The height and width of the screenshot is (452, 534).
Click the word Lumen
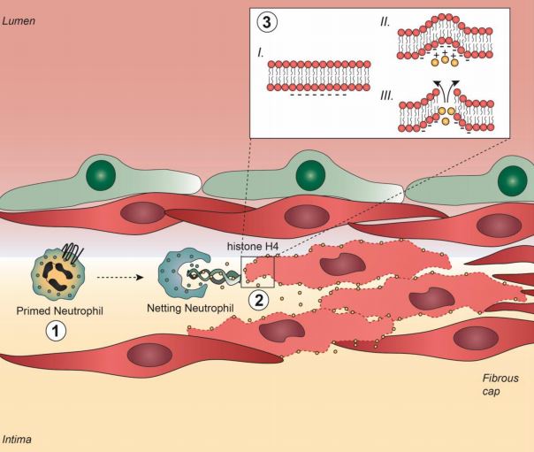coord(19,21)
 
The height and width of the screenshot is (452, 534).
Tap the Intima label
coord(17,439)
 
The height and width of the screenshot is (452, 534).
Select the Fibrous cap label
coord(500,385)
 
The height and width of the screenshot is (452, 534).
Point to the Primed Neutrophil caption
coord(59,311)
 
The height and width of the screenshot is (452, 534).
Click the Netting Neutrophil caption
coord(190,308)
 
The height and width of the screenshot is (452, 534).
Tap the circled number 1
coord(56,332)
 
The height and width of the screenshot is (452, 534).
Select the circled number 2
coord(258,301)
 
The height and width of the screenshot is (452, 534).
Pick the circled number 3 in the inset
coord(267,22)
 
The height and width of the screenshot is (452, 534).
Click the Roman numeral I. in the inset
coord(261,53)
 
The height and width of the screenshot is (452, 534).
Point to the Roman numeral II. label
coord(385,22)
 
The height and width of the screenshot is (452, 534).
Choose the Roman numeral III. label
coord(386,96)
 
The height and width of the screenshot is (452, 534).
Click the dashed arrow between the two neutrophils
coord(120,278)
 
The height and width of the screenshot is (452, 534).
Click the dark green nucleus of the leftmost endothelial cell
coord(101,175)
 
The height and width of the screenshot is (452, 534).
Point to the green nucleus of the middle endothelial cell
coord(310,175)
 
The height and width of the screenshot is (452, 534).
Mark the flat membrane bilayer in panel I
coord(319,76)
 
